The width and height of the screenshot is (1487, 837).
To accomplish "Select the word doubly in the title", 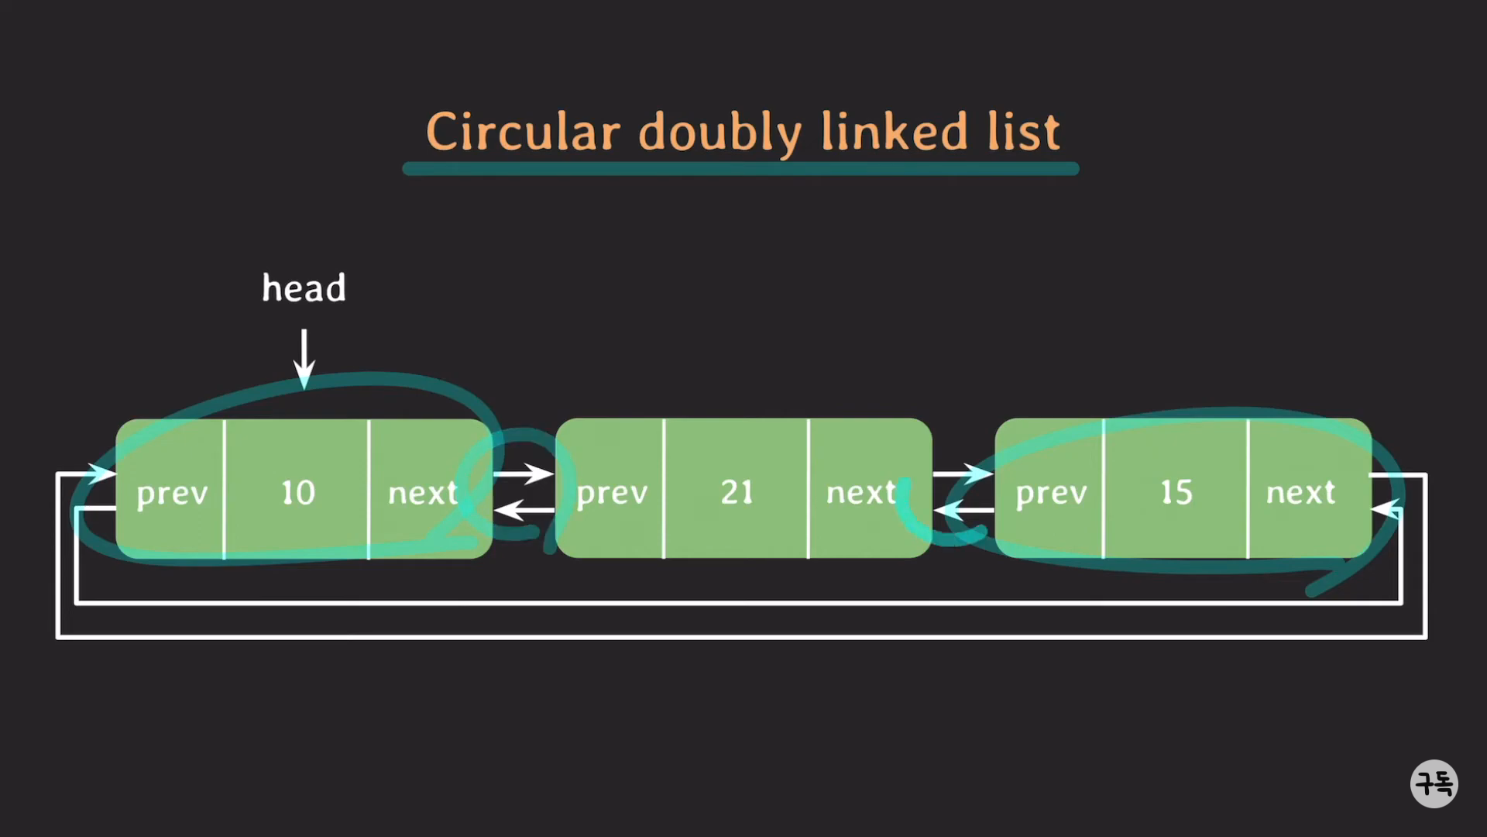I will click(x=720, y=133).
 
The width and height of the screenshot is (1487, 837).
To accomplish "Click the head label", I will click(x=304, y=288).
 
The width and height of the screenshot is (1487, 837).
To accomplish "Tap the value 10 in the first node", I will click(x=297, y=493).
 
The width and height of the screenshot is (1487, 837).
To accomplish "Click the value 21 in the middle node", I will click(x=737, y=492).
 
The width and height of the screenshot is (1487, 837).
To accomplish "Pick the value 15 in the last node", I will click(x=1176, y=492).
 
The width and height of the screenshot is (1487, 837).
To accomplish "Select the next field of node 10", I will click(x=423, y=493).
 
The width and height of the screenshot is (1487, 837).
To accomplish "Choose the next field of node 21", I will click(x=861, y=493).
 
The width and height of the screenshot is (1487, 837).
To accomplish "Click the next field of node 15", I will click(x=1301, y=493).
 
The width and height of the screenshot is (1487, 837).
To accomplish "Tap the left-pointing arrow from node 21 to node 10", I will click(x=524, y=510).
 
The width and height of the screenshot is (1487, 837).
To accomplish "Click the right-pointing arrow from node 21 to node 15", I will click(x=963, y=473).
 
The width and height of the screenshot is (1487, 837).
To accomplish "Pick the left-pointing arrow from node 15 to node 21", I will click(x=963, y=510).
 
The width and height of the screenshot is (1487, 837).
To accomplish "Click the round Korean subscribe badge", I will click(x=1434, y=784).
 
